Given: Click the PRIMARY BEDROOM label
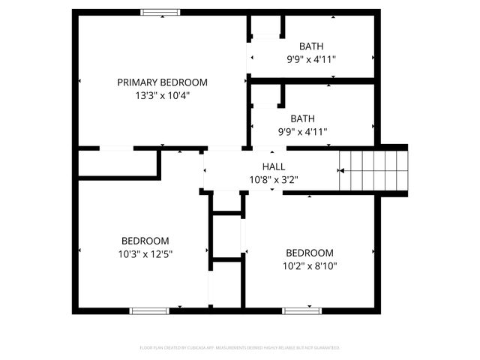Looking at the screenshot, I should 162,82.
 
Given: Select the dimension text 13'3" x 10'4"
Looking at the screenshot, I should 162,95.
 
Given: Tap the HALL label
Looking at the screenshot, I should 273,166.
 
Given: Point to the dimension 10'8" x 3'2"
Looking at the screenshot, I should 273,179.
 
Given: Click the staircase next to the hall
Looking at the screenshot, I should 373,171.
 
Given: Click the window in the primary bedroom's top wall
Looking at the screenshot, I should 161,11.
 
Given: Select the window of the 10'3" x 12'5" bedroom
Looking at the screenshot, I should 148,310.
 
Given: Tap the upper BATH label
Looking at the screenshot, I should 311,46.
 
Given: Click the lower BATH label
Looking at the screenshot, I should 303,118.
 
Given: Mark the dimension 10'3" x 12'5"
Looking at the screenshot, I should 145,254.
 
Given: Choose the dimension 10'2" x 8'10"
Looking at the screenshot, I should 310,265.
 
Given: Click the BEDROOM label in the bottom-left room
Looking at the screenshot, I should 145,241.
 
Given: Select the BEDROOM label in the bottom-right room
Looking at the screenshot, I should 310,253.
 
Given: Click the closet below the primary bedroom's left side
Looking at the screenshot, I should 118,163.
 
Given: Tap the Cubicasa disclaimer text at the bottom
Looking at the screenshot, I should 240,348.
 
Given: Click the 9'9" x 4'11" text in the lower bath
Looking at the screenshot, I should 303,131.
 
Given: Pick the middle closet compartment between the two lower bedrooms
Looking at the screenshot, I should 226,238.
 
